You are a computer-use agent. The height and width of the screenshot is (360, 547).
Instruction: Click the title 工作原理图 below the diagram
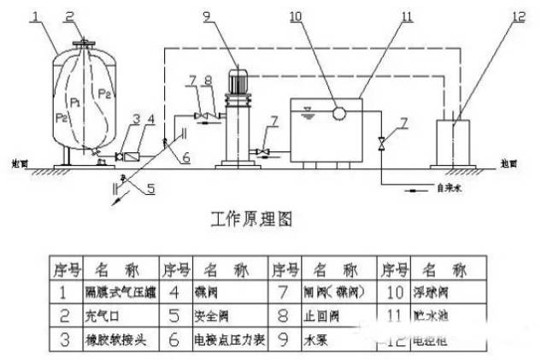pyautogui.click(x=250, y=220)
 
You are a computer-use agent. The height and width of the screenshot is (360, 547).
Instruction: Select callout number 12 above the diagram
pyautogui.click(x=520, y=15)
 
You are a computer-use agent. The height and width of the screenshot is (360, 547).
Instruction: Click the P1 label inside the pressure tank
pyautogui.click(x=76, y=102)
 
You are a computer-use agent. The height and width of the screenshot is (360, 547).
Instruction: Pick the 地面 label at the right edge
pyautogui.click(x=531, y=161)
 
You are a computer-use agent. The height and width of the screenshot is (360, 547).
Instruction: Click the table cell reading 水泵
pyautogui.click(x=315, y=337)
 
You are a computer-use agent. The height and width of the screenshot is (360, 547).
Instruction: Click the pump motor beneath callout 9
pyautogui.click(x=238, y=82)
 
